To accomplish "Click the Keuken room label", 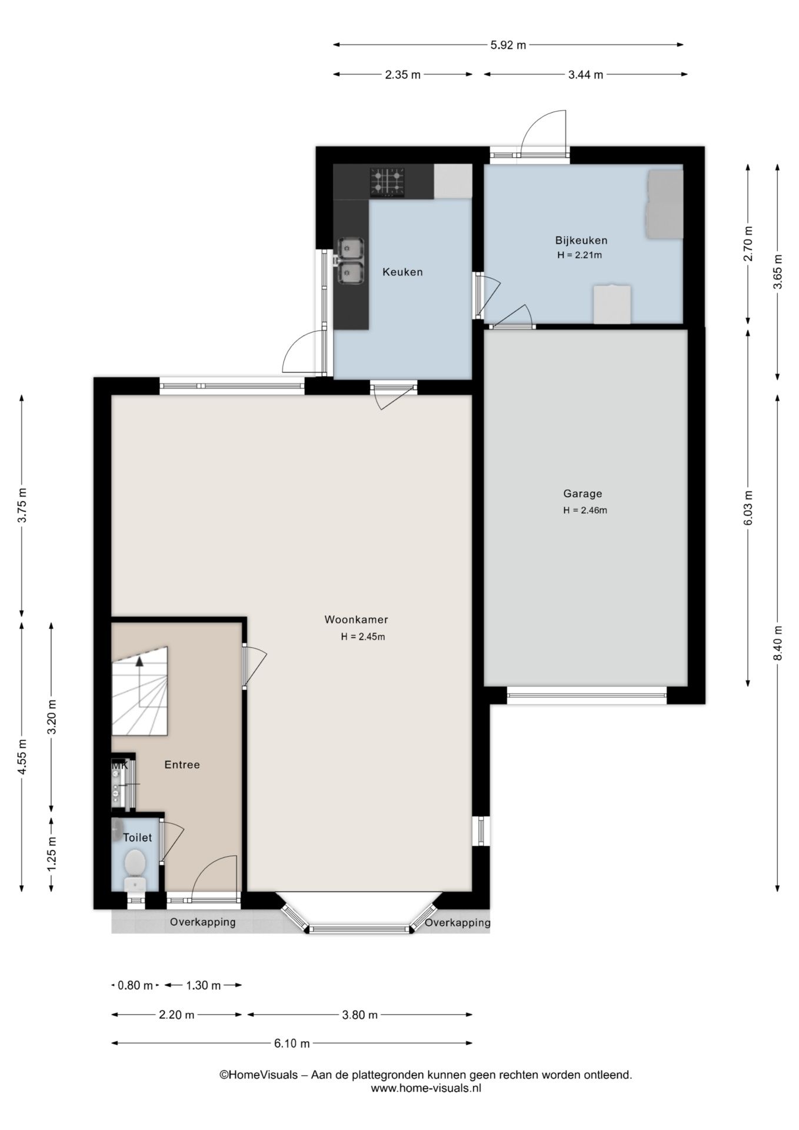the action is [x=402, y=272].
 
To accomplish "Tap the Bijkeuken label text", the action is [x=581, y=240].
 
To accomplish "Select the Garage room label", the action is [x=582, y=494].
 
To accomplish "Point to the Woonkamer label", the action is [x=356, y=619].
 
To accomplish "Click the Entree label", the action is [x=182, y=765].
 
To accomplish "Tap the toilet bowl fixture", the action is [x=135, y=863].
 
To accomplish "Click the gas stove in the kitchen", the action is [x=387, y=182].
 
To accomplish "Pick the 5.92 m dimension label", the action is [x=508, y=45].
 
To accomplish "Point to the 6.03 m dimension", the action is [x=748, y=508].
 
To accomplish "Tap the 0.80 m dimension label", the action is [x=135, y=985].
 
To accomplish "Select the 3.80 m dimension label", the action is [x=359, y=1015].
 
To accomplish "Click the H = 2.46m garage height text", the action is [x=585, y=510].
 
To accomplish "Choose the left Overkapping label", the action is [x=202, y=922].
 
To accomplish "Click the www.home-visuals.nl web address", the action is [x=426, y=1088].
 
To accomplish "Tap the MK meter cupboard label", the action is [x=119, y=765].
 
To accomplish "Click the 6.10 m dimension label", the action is [x=292, y=1043].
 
